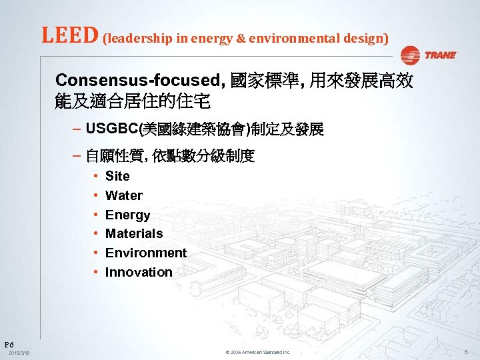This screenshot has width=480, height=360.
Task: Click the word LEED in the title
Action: (70, 36)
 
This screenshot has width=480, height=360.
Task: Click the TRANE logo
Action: (430, 55)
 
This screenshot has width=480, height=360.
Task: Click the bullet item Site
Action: (117, 177)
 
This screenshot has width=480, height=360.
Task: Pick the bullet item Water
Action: (124, 196)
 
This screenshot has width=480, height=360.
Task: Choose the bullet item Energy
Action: (127, 215)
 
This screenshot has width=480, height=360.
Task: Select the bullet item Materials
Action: (134, 234)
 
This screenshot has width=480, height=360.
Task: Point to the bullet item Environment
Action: (146, 253)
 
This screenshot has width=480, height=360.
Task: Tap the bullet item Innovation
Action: (139, 273)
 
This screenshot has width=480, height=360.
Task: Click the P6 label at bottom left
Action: (9, 344)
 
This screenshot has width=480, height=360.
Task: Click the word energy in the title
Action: (210, 39)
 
